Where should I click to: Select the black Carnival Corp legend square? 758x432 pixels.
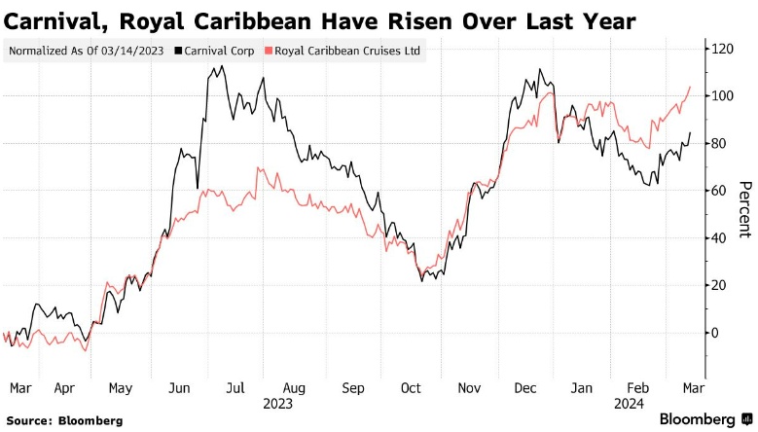178,51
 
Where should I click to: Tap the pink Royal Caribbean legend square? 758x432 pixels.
269,51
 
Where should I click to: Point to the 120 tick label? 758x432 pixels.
722,49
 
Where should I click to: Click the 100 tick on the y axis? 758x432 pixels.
722,95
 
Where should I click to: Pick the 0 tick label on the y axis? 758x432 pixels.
714,333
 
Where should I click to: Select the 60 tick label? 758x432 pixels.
718,191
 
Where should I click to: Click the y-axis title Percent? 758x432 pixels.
745,210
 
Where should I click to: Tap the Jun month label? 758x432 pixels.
179,388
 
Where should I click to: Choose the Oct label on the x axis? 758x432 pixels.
411,388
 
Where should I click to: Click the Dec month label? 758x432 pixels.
525,388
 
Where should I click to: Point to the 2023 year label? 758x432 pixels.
277,404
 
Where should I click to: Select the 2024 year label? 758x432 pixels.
629,404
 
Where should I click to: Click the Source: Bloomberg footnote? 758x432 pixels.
64,421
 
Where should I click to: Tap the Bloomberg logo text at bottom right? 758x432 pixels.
697,419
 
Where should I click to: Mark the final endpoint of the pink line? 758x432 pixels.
690,87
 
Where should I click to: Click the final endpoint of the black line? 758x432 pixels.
690,132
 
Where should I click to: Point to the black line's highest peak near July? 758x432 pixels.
222,66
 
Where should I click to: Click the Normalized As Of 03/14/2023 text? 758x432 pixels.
86,51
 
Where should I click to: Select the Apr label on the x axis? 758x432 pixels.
64,388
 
